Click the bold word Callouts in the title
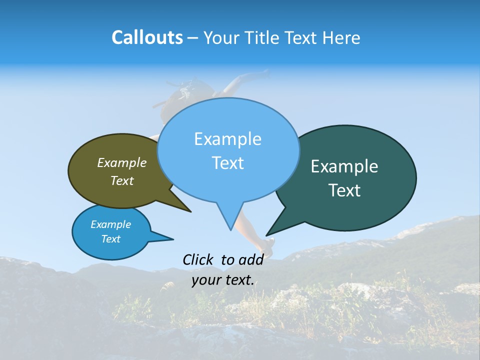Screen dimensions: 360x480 click(147, 37)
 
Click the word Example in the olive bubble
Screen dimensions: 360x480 click(122, 162)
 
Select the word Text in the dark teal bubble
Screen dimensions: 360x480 click(344, 190)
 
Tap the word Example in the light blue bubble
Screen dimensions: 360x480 click(227, 139)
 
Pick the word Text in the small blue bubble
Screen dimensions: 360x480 click(111, 239)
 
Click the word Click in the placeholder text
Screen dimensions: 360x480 click(198, 259)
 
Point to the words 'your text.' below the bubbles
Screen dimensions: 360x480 click(223, 280)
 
